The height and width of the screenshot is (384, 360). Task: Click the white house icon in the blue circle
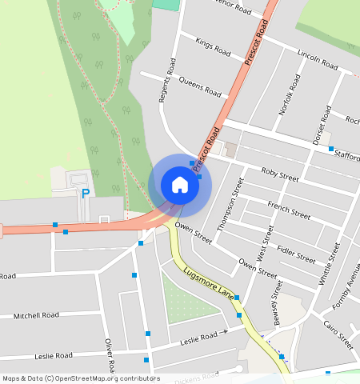(x=180, y=185)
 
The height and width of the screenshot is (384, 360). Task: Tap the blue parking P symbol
(x=86, y=193)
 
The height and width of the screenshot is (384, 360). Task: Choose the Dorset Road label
(x=320, y=124)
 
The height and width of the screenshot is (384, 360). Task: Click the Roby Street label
(x=279, y=174)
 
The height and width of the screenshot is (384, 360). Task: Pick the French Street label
(x=289, y=210)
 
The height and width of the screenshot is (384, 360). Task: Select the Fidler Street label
(x=295, y=254)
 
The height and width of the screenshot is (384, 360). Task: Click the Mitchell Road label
(x=36, y=315)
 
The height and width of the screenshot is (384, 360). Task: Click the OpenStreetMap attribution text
(x=81, y=378)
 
